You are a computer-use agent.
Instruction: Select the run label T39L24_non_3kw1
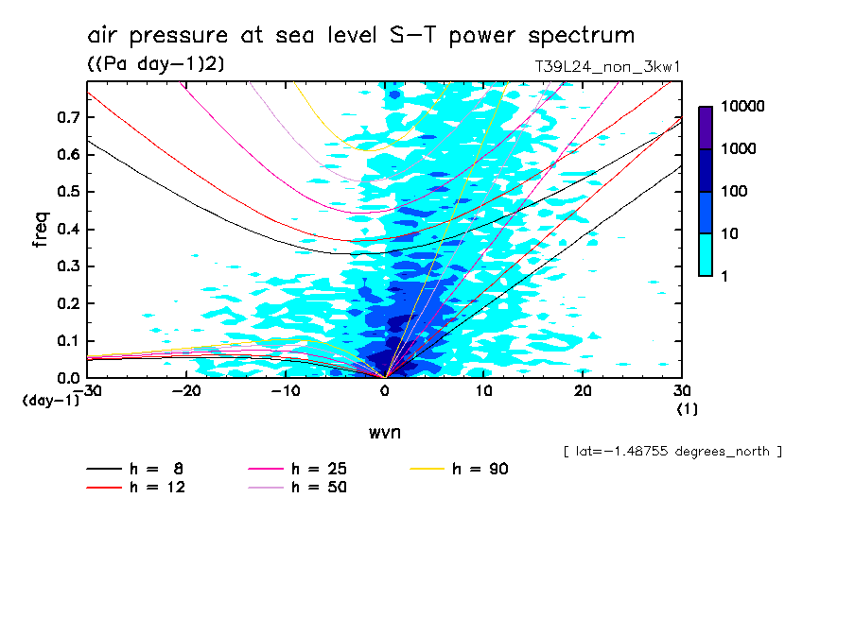tap(608, 67)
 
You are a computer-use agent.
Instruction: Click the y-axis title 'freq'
tap(40, 230)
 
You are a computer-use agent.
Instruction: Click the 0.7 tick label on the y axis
tap(66, 117)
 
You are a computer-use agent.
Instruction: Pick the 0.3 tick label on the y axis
tap(66, 266)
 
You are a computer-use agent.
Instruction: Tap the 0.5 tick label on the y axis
tap(66, 192)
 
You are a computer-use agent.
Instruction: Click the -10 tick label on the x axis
tap(285, 390)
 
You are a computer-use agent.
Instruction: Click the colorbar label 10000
tap(742, 107)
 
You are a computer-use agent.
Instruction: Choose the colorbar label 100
tap(734, 192)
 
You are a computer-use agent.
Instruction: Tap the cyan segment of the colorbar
tap(705, 254)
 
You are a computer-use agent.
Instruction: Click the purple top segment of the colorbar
tap(705, 128)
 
